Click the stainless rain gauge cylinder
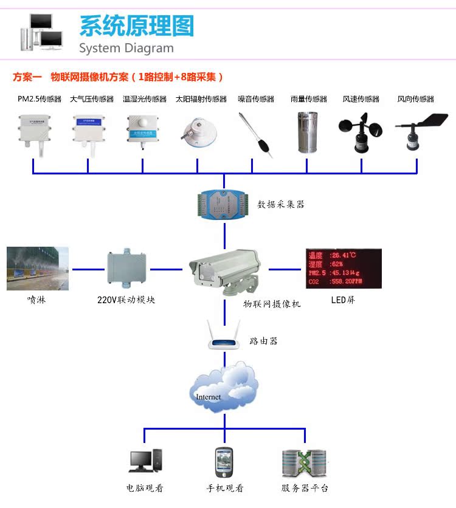[308, 132]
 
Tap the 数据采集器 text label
[281, 205]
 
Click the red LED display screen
[344, 268]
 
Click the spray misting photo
[38, 268]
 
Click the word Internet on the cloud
[209, 397]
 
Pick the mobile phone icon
[223, 462]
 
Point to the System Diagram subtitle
[126, 49]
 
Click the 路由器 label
[263, 342]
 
